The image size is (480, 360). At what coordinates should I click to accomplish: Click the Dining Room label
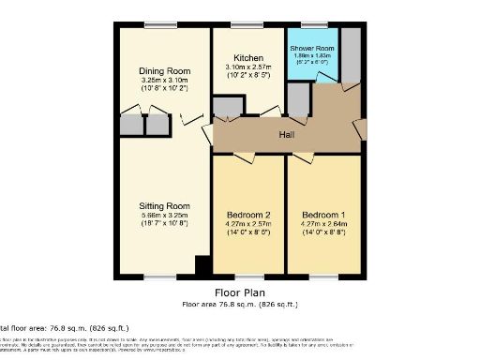[164, 71]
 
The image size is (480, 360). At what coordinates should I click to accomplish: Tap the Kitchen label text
[248, 58]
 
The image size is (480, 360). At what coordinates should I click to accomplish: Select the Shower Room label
[312, 47]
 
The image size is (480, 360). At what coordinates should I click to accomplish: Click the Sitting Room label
[164, 205]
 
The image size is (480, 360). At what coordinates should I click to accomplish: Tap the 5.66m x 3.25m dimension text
[164, 217]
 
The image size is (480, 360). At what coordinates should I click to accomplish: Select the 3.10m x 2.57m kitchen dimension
[248, 68]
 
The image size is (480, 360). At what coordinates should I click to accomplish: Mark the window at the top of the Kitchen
[247, 24]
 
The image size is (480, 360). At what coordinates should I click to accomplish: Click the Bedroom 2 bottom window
[248, 277]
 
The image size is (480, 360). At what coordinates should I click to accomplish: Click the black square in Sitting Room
[202, 266]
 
